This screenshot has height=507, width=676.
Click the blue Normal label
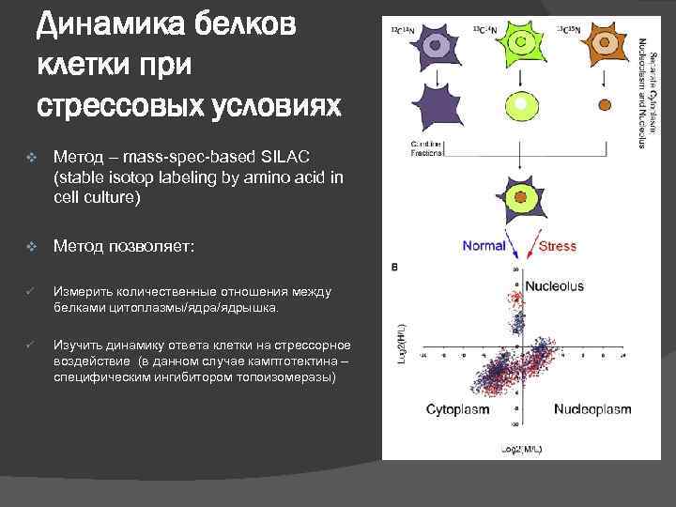point(484,246)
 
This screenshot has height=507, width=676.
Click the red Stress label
point(558,246)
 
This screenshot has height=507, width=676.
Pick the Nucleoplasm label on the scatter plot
point(591,409)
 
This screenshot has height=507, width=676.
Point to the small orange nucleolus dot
point(605,103)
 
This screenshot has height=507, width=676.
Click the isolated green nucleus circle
point(517,104)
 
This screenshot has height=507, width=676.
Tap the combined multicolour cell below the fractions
point(518,198)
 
